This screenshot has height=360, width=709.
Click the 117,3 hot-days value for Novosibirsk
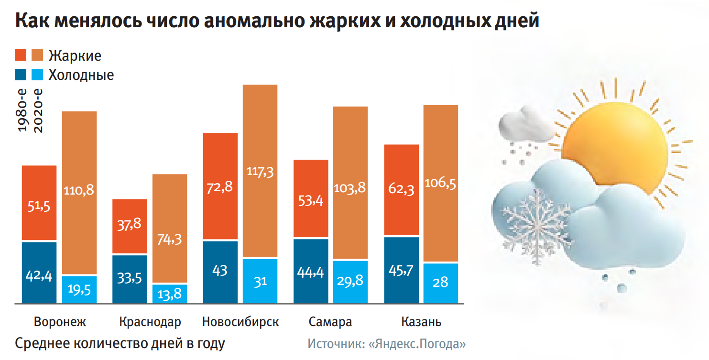[260, 171]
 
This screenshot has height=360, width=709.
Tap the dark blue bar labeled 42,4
[39, 273]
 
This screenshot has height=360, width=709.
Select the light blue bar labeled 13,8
[169, 294]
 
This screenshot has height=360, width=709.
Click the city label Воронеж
[60, 322]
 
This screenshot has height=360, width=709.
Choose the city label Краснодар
[150, 322]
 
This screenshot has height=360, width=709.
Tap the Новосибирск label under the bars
[240, 322]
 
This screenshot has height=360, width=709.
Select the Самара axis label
[330, 322]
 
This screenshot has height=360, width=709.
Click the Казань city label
[421, 322]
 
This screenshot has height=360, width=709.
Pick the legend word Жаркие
[75, 55]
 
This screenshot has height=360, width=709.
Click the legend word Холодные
[81, 75]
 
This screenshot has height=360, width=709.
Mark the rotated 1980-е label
[22, 110]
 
